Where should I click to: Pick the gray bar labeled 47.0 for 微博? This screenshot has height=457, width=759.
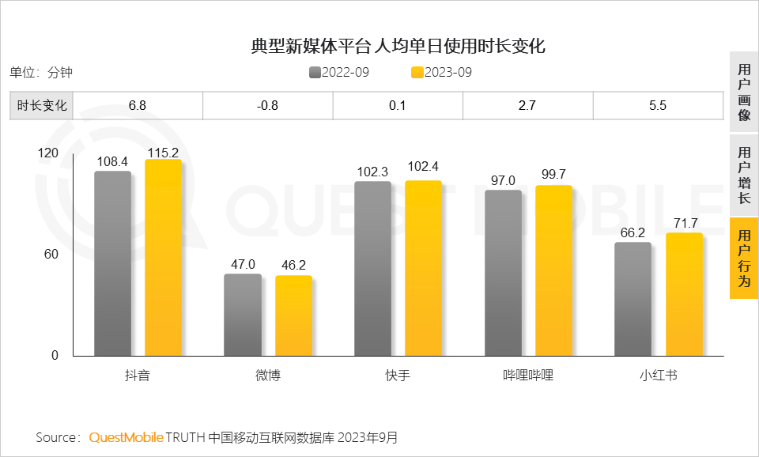[242, 315]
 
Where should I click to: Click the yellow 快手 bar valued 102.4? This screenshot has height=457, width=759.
[423, 268]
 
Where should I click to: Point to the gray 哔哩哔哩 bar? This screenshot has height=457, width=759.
[503, 273]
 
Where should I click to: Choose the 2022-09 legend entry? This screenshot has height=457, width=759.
[339, 73]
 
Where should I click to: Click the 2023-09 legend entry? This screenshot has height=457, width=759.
[442, 73]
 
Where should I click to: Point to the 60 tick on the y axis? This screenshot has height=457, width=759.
[50, 255]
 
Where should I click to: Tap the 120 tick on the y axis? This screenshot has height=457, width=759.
[48, 153]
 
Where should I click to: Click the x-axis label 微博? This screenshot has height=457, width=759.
[267, 376]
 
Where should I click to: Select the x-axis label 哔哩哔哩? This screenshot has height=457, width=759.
[528, 376]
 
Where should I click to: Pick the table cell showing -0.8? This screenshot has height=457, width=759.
[268, 105]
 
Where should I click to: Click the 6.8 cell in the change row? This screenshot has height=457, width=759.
[138, 105]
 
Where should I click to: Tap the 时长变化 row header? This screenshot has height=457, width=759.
[41, 105]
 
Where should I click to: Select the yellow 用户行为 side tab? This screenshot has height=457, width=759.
[743, 259]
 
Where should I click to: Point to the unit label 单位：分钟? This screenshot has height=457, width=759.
[41, 73]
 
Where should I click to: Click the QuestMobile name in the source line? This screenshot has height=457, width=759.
[126, 437]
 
